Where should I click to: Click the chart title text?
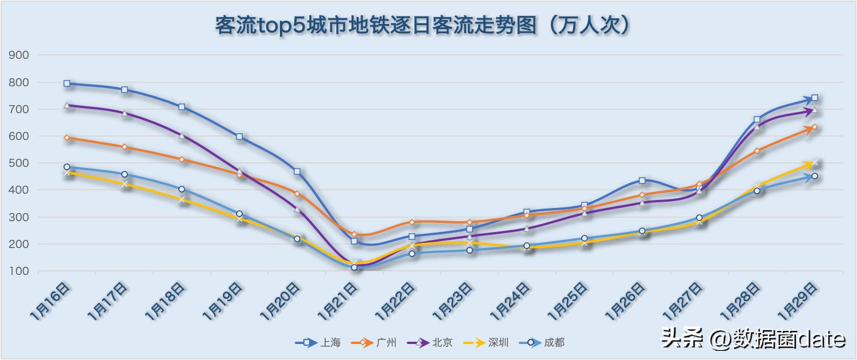click(423, 26)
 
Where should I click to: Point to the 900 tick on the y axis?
click(20, 55)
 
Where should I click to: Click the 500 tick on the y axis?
click(20, 163)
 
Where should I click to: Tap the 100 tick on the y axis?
click(20, 271)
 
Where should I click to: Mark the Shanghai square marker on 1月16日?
click(67, 83)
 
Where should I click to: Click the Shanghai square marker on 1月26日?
click(642, 181)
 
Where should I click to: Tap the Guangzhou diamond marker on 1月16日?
click(67, 138)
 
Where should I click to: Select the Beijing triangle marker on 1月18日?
click(182, 135)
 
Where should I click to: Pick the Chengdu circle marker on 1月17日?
click(125, 174)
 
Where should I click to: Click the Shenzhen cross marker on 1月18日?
click(182, 199)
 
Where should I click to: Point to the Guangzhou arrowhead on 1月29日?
click(812, 128)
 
